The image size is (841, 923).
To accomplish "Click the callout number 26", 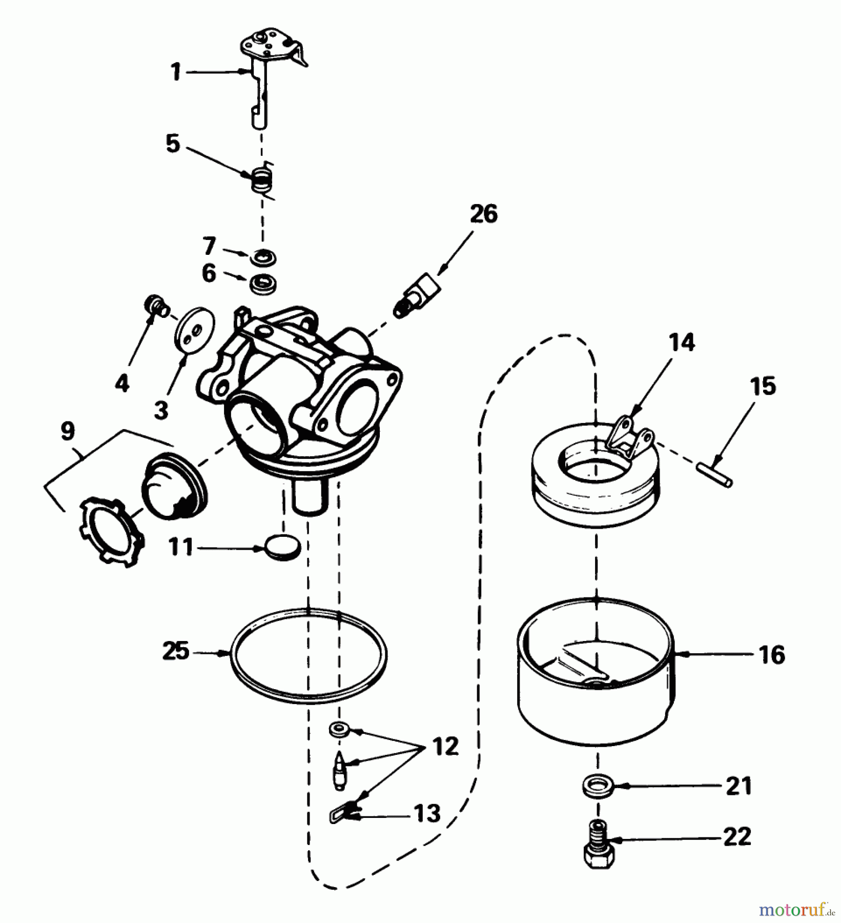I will [483, 214].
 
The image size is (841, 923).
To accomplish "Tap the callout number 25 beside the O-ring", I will [176, 652].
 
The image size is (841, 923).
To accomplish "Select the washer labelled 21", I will [598, 786].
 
